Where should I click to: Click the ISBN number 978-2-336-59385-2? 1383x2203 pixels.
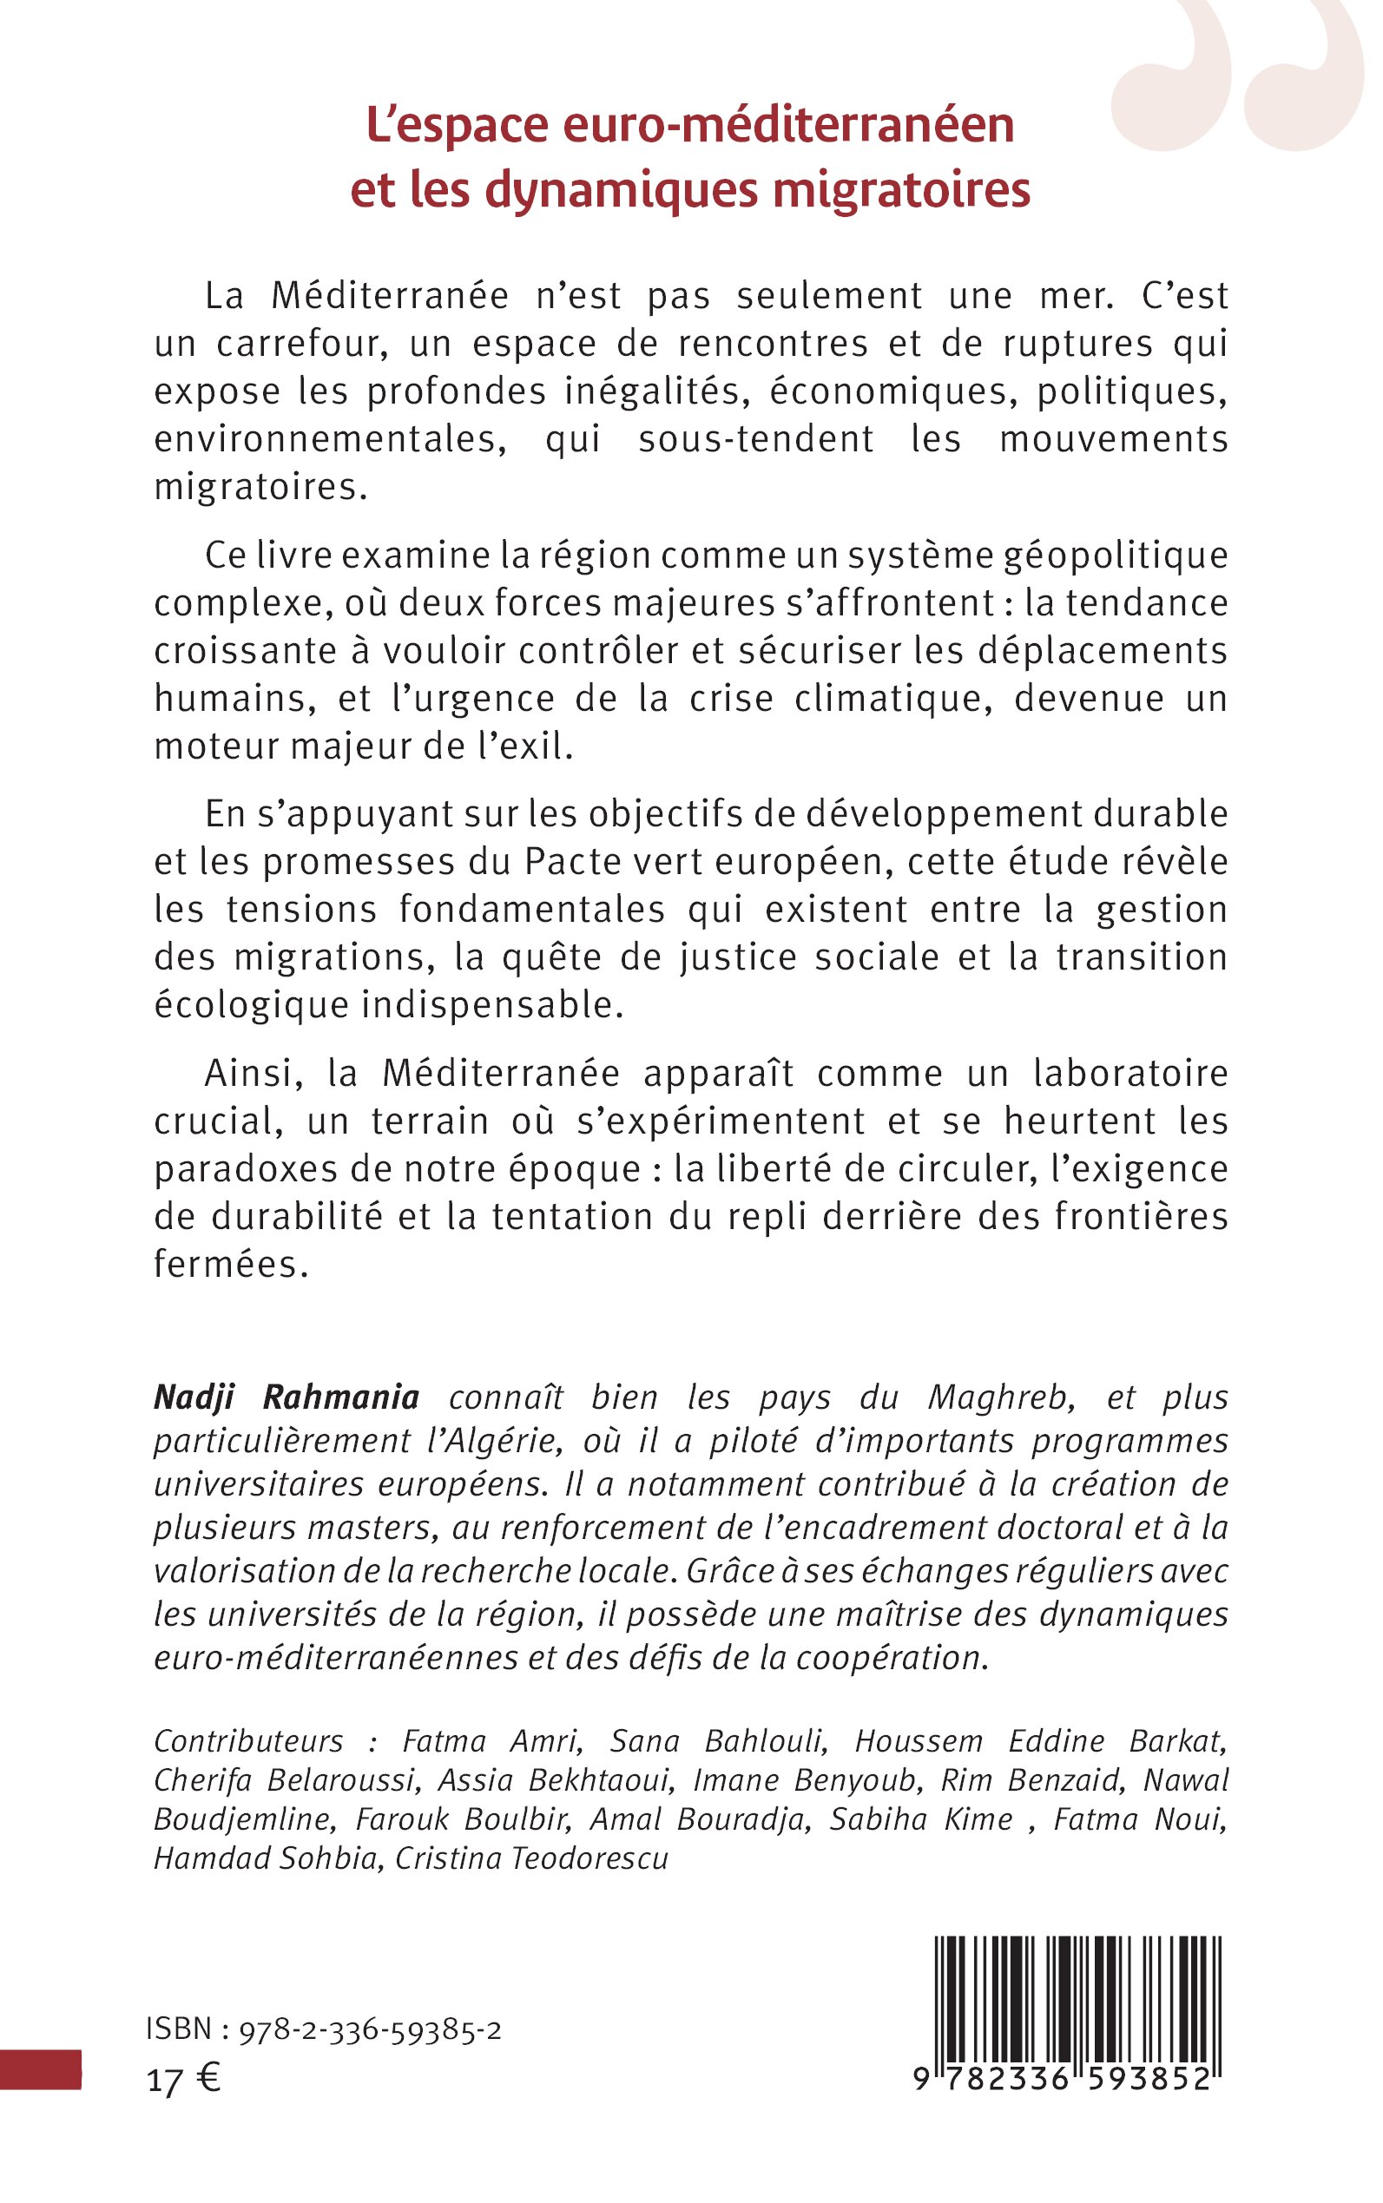tap(370, 2030)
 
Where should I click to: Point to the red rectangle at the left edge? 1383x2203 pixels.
tap(40, 2069)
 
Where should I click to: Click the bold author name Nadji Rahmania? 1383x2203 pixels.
tap(286, 1397)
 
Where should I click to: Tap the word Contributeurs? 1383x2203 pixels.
tap(249, 1740)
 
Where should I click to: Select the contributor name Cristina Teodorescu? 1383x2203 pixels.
tap(531, 1858)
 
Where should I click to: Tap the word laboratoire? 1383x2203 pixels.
tap(1130, 1073)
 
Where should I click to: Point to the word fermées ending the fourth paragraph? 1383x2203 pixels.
tap(226, 1264)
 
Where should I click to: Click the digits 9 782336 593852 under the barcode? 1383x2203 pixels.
tap(1062, 2081)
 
